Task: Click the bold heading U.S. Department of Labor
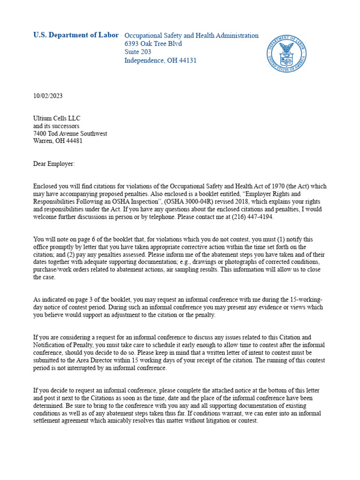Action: click(75, 35)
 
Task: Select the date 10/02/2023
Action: click(47, 96)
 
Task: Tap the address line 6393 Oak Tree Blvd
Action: click(153, 44)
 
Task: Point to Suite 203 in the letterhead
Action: click(138, 52)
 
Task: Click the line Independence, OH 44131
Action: click(160, 60)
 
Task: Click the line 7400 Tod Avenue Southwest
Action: click(70, 134)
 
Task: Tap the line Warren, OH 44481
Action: click(58, 141)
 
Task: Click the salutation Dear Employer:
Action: click(53, 164)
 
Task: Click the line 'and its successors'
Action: click(56, 126)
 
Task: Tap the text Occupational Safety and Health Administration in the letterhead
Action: click(191, 36)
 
